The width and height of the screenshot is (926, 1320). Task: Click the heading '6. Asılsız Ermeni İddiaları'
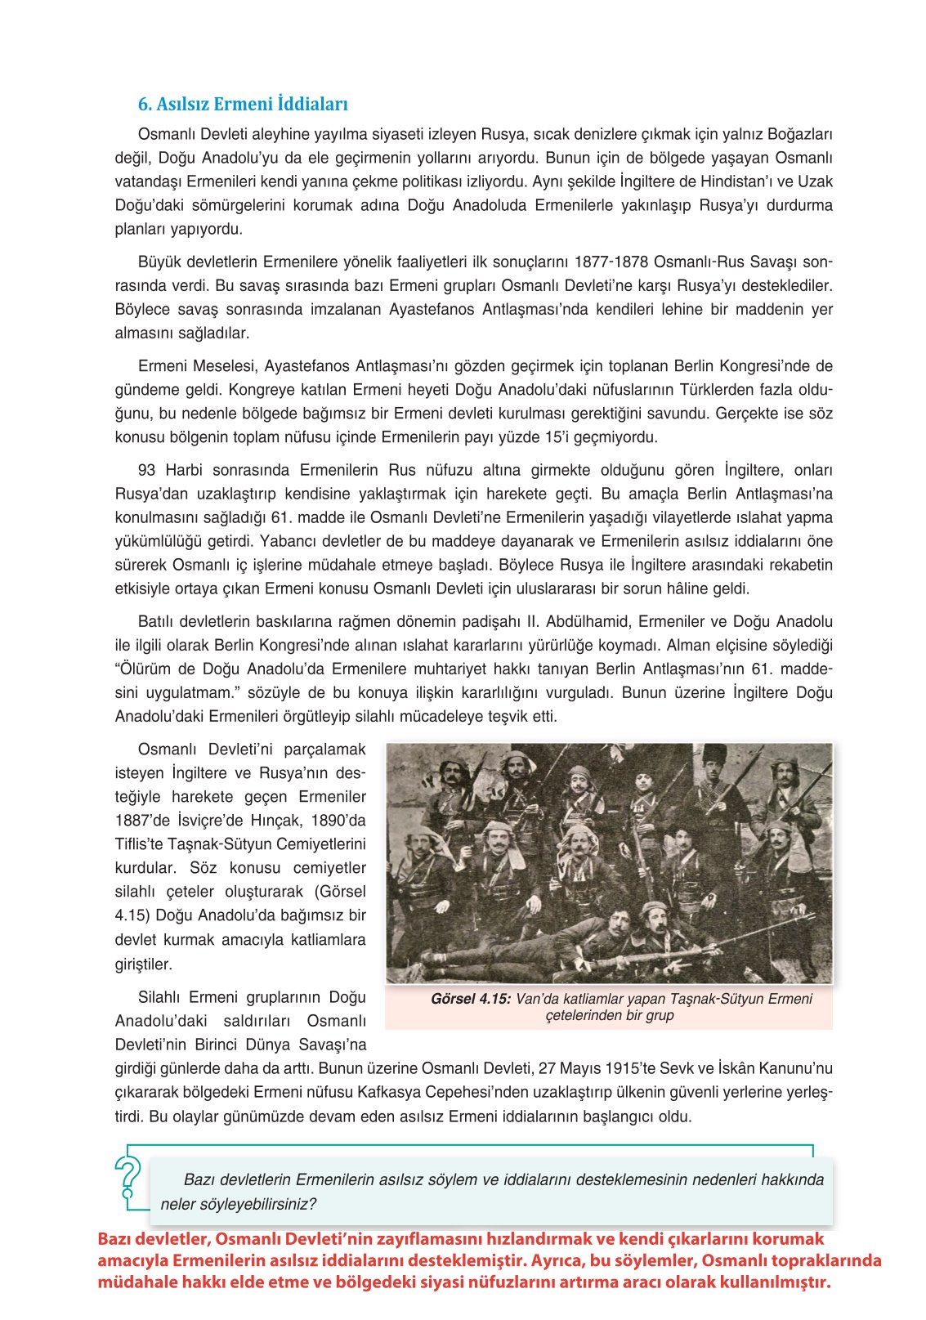[x=243, y=104]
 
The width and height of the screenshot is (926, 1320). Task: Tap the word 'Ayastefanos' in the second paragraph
[x=430, y=310]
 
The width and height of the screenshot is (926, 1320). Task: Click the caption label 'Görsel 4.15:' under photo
[x=471, y=999]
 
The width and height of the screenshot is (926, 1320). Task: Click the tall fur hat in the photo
[x=714, y=754]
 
